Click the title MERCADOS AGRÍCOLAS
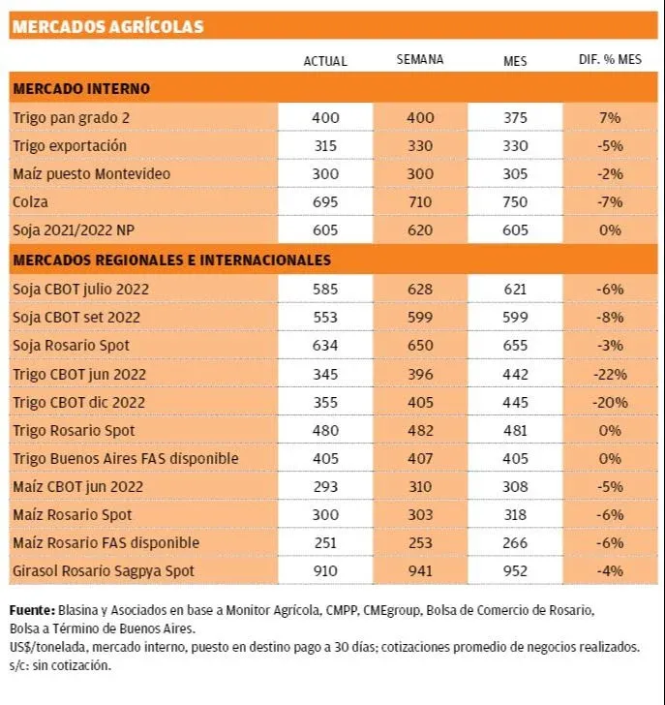(107, 26)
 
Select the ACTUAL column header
(325, 61)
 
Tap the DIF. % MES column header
(610, 59)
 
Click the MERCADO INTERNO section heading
(81, 88)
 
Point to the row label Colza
(31, 201)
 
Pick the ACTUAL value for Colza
(325, 201)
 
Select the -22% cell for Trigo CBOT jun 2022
(610, 374)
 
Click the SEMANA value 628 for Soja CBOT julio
(420, 290)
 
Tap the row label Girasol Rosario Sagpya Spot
(104, 571)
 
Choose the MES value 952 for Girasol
(515, 571)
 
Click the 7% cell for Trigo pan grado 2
(610, 118)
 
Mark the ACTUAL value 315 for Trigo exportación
(325, 145)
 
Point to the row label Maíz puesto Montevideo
(92, 174)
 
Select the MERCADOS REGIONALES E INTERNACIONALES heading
(172, 260)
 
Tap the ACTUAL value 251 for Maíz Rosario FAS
(325, 542)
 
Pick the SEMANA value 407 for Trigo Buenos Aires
(420, 459)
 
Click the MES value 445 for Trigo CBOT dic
(515, 403)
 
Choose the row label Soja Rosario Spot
(71, 346)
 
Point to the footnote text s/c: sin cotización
(60, 665)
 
